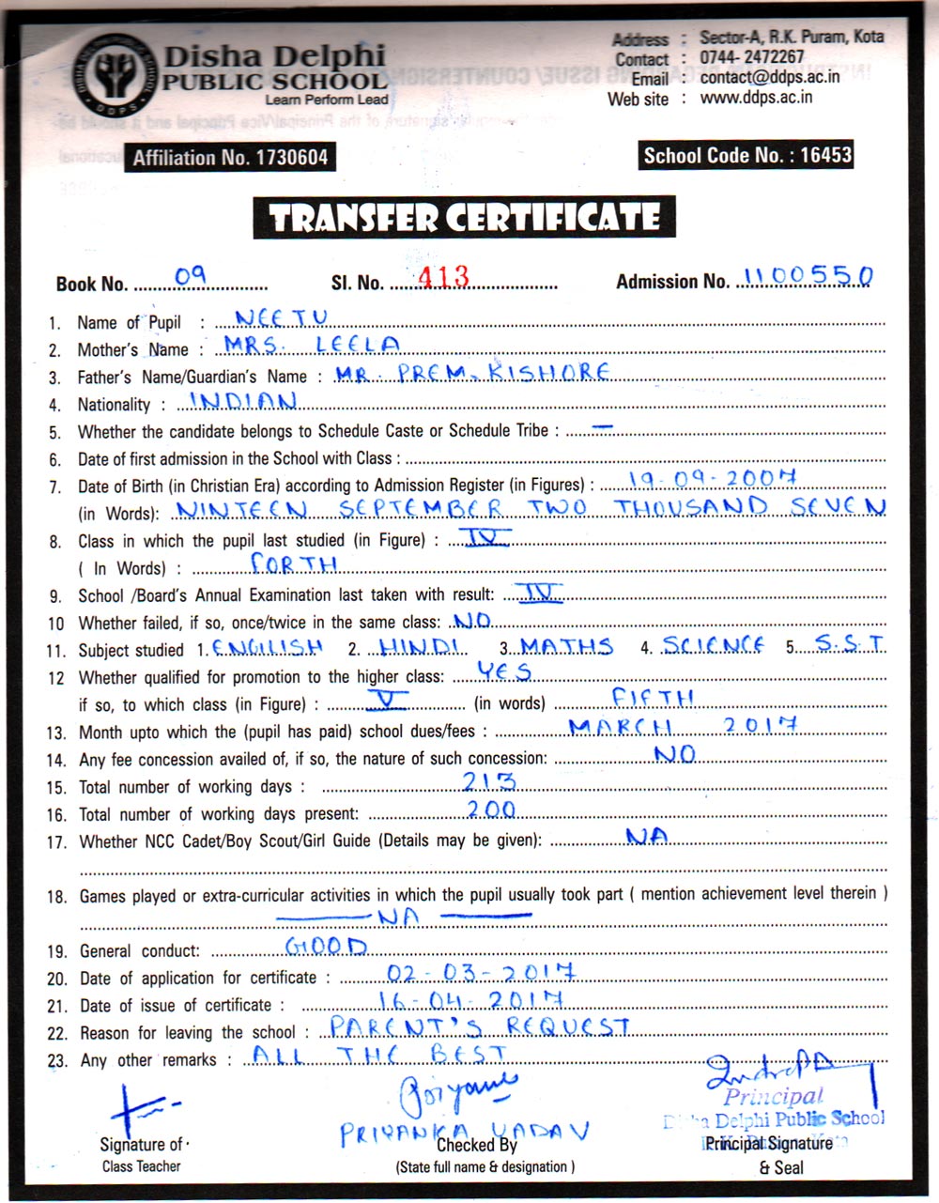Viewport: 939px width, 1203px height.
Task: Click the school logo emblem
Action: click(113, 77)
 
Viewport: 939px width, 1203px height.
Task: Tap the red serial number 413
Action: click(443, 276)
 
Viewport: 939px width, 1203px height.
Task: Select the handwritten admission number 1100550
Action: click(808, 275)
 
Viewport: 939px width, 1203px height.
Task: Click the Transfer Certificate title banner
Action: click(464, 219)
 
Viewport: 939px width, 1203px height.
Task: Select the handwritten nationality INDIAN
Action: click(244, 401)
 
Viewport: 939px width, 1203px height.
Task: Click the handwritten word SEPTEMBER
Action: click(420, 508)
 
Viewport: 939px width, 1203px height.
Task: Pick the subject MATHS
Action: click(567, 646)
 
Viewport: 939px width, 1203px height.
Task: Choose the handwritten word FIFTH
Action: click(653, 697)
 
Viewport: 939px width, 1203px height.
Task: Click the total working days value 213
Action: click(489, 781)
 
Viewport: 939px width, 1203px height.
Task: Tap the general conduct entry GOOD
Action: click(326, 946)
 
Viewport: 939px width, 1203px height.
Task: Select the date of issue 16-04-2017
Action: click(471, 998)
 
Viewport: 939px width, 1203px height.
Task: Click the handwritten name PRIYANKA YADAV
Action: click(465, 1131)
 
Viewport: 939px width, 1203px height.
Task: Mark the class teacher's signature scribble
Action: click(141, 1108)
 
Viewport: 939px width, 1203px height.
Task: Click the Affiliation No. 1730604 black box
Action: click(230, 158)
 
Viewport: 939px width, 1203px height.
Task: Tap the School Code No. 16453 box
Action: click(747, 155)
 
